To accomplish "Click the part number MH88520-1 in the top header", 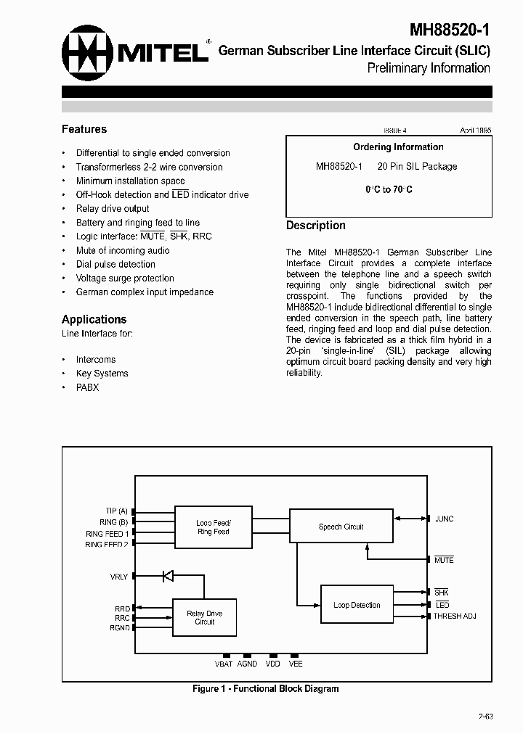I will click(450, 30).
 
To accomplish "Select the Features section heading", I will click(84, 129).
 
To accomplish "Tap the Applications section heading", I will click(94, 319).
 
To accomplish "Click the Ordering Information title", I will click(398, 147).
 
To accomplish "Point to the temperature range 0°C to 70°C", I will click(389, 189).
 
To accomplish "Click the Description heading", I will click(315, 226).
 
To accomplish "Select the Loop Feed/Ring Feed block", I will click(213, 527).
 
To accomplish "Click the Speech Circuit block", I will click(341, 527).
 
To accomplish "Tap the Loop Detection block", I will click(357, 605).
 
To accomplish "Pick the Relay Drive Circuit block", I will click(204, 617).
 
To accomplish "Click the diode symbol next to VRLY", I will click(167, 576).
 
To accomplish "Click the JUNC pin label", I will click(444, 519).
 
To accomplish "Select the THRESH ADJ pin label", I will click(455, 616).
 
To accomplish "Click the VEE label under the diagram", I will click(296, 664).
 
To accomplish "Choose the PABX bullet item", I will click(87, 387).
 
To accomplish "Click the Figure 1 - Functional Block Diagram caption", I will click(265, 689).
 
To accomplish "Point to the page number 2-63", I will click(485, 717).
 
